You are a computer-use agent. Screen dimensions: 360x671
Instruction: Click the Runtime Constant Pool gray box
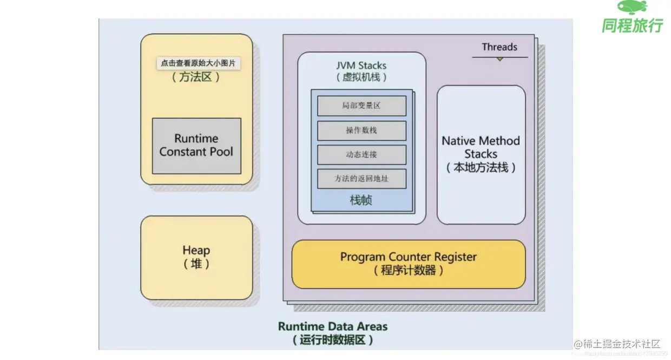(x=196, y=146)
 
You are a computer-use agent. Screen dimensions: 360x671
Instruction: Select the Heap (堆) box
(x=196, y=257)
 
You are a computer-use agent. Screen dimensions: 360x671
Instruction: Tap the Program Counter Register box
(x=409, y=264)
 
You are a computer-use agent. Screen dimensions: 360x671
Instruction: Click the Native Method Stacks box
(x=481, y=154)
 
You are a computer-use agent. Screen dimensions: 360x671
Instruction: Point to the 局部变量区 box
(x=361, y=106)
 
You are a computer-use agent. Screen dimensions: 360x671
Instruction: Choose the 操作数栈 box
(x=361, y=130)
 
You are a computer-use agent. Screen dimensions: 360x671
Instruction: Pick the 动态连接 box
(x=361, y=155)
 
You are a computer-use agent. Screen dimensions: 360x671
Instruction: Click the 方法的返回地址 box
(x=361, y=179)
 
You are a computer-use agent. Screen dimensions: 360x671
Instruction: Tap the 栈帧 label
(x=361, y=200)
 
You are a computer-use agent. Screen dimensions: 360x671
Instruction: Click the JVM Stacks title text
(x=361, y=66)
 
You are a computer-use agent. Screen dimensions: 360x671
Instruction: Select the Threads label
(x=499, y=47)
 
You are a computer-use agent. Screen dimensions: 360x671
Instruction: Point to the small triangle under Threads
(x=500, y=58)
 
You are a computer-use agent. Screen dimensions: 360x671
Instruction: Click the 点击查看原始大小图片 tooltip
(x=199, y=63)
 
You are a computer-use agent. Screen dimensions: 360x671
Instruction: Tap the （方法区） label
(x=196, y=77)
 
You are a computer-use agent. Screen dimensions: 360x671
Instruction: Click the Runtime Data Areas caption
(x=333, y=326)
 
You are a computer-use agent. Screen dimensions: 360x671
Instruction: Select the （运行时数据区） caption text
(x=333, y=341)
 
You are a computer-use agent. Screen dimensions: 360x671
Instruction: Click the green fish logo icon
(x=632, y=7)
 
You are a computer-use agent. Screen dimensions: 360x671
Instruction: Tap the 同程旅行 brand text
(x=632, y=25)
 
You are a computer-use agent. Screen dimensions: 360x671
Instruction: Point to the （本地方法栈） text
(x=481, y=168)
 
